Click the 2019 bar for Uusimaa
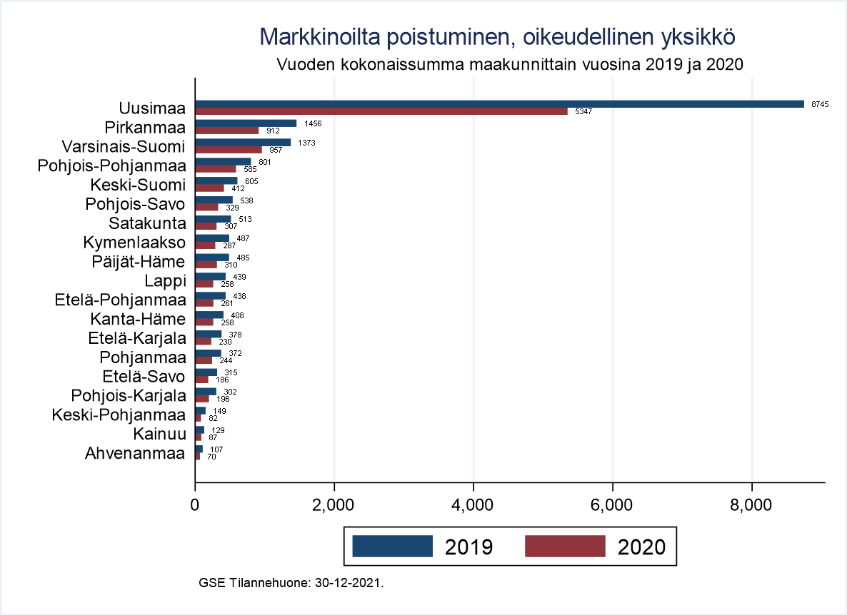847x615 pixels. tap(499, 104)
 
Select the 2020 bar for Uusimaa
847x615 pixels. tap(381, 111)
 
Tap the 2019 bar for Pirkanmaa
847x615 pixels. tap(246, 123)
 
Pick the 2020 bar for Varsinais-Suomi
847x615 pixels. tap(229, 150)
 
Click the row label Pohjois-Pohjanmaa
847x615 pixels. tap(112, 166)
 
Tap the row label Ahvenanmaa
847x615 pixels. tap(135, 453)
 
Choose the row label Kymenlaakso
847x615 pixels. tap(134, 243)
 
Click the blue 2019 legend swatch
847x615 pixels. tap(393, 546)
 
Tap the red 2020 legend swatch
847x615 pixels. tap(565, 546)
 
